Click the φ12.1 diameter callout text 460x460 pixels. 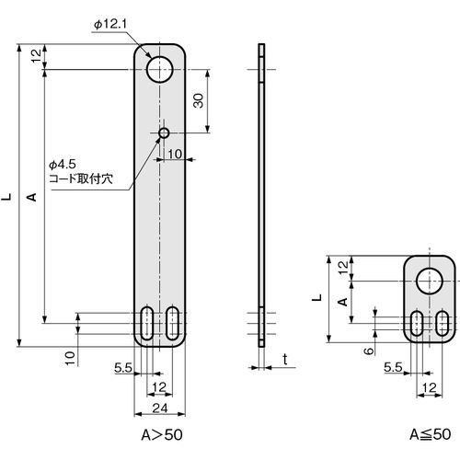pos(110,24)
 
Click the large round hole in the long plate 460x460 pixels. pos(160,69)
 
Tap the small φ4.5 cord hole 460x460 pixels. pos(164,133)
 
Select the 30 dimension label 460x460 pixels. pos(199,100)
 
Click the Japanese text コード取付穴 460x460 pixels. pos(81,178)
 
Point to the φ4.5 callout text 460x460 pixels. pos(63,165)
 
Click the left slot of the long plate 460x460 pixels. pos(147,323)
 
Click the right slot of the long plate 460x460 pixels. pos(173,323)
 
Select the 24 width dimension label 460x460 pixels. pos(160,408)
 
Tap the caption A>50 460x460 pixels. pos(162,434)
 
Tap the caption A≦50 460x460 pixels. pos(431,434)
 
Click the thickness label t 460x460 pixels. pos(285,359)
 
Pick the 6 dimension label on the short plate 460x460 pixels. pos(369,351)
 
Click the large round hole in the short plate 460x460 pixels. pos(430,281)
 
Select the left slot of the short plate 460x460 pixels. pos(417,323)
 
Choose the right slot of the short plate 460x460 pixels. pos(443,323)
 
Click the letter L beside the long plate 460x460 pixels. pos(6,197)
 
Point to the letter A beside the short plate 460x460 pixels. pos(343,302)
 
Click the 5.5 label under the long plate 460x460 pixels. pos(123,367)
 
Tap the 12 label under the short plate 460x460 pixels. pos(430,388)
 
